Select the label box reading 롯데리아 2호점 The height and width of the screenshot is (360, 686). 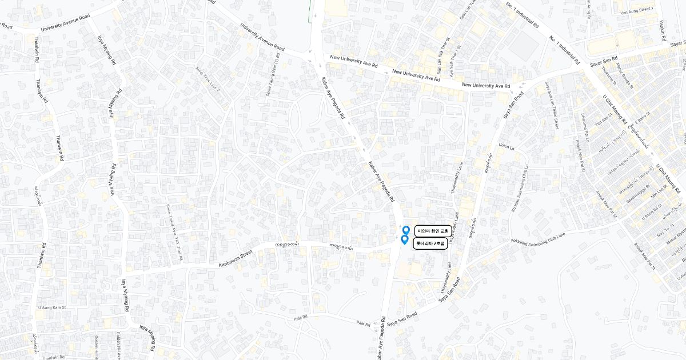pos(430,243)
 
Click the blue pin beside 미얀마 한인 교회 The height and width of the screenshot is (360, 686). pos(406,230)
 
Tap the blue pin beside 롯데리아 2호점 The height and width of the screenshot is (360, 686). pos(404,240)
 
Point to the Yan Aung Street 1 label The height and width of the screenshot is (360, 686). pos(636,10)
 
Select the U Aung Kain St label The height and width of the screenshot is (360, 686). pos(53,307)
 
